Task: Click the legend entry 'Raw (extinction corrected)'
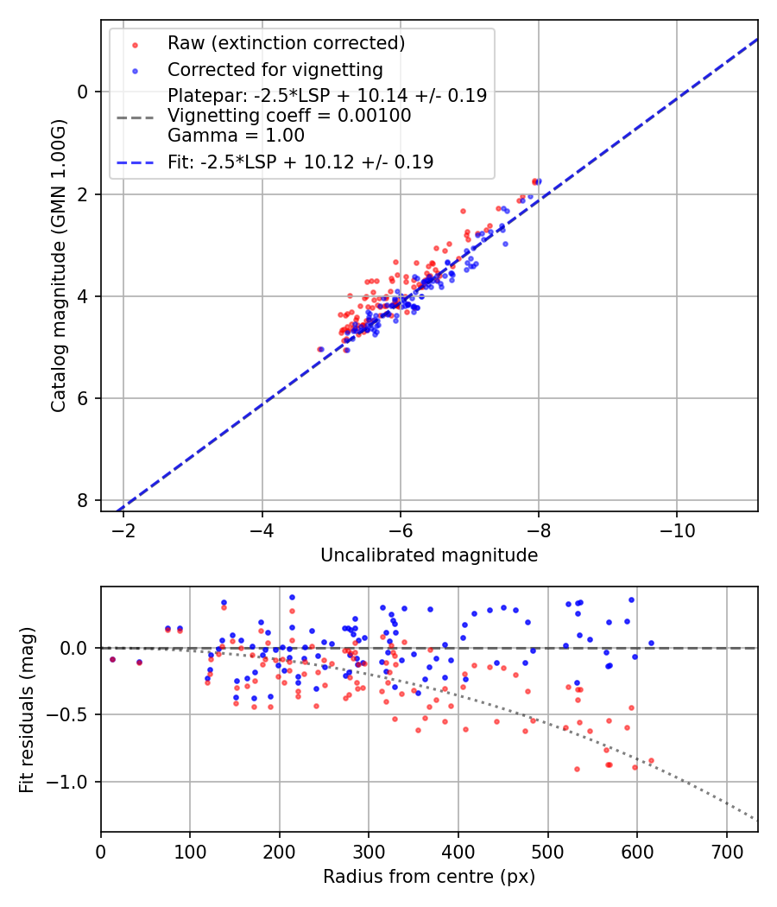point(286,43)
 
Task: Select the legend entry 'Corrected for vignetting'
point(275,69)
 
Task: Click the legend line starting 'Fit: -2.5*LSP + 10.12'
point(300,162)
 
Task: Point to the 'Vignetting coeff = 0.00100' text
point(289,116)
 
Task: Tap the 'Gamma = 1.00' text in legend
point(236,136)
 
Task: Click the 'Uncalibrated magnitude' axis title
point(429,555)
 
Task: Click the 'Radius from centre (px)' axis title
point(429,877)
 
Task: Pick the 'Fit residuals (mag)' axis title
point(27,708)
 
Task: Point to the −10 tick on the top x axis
point(676,529)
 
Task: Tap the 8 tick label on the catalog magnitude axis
point(82,500)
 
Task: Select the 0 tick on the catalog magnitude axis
point(82,92)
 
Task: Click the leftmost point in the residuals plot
point(112,659)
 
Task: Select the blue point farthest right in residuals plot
point(651,643)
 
